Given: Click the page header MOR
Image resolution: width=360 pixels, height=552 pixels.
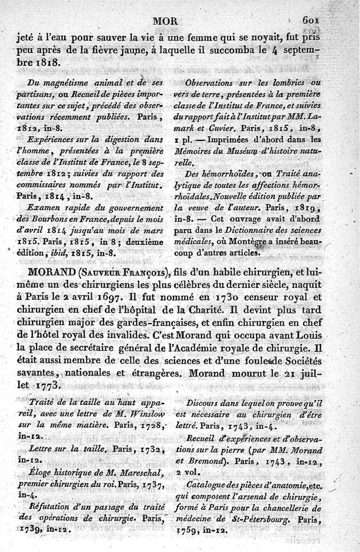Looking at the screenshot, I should tap(166, 20).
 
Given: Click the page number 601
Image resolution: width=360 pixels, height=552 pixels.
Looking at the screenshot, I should tap(311, 20).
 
